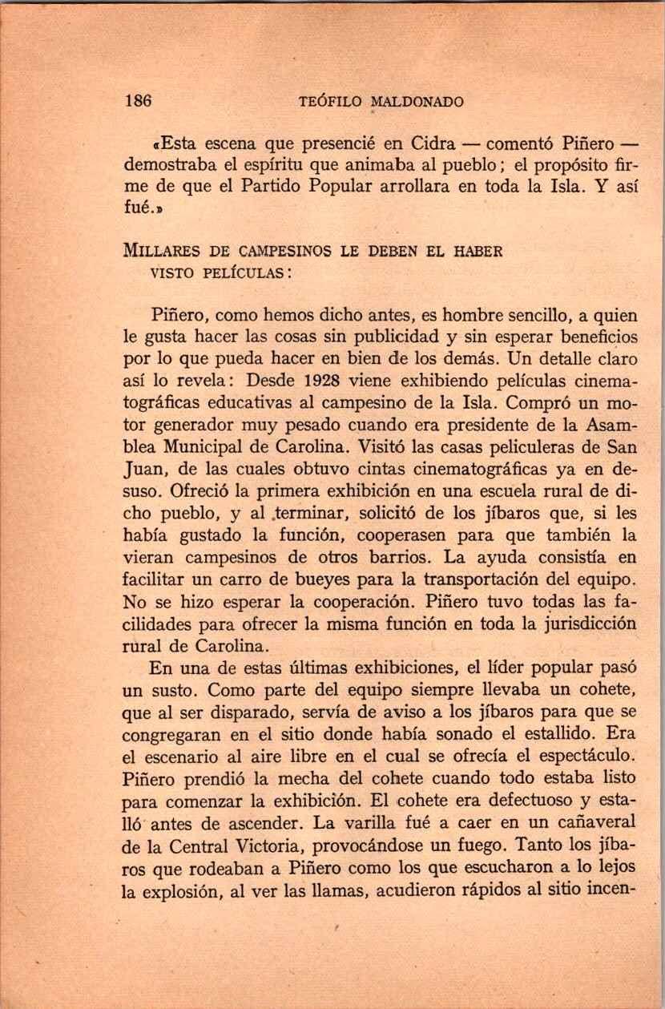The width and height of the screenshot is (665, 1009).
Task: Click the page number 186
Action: (139, 101)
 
